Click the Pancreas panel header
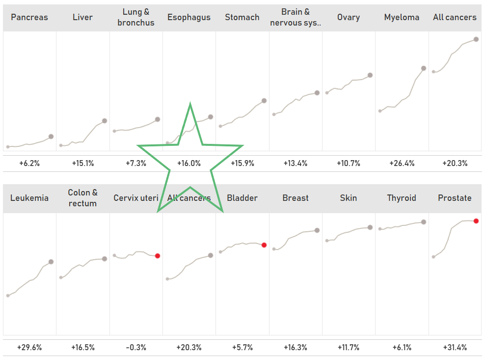29,17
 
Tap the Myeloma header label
402,17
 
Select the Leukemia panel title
29,198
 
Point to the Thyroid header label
402,198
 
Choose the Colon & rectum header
82,198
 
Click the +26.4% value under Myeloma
402,163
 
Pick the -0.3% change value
136,347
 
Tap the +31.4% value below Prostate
455,347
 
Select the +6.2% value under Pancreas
29,163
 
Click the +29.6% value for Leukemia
29,347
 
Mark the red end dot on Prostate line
476,221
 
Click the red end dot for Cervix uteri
158,255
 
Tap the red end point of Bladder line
264,245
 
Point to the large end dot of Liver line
105,121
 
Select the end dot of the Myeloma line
424,68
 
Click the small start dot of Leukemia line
8,296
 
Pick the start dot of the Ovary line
327,92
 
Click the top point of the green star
190,104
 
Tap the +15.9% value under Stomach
242,163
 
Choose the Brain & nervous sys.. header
296,17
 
